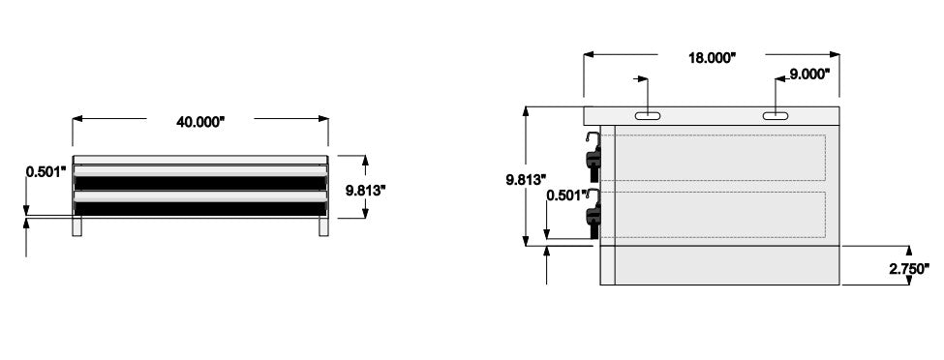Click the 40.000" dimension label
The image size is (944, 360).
[x=199, y=122]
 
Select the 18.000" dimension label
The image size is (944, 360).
[x=713, y=58]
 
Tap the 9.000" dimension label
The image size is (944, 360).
[x=809, y=75]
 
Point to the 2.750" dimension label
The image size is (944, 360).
[x=909, y=269]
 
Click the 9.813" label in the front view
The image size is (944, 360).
[x=365, y=191]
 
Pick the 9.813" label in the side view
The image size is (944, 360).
[x=526, y=179]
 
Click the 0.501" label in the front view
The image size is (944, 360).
[x=46, y=172]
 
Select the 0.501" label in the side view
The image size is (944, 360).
[x=566, y=195]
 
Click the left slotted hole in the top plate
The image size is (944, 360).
[x=647, y=115]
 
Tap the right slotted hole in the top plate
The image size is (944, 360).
[x=777, y=115]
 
